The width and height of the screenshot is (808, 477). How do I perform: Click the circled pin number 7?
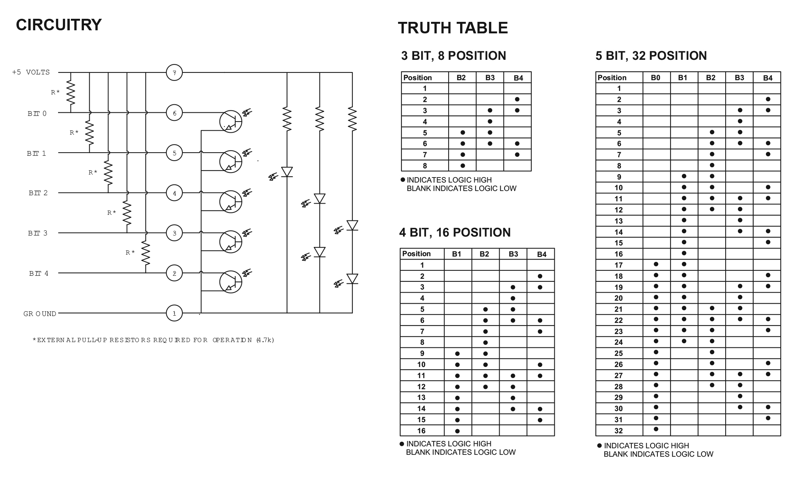174,72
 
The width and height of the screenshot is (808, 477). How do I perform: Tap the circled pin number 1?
174,313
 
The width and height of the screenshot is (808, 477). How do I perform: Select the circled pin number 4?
174,193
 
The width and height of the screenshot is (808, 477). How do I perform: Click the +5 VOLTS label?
31,72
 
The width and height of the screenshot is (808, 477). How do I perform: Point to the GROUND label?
40,314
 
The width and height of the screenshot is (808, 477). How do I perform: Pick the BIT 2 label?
38,193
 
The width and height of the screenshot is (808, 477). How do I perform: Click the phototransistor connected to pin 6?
231,122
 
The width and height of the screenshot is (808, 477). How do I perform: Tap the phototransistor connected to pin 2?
231,282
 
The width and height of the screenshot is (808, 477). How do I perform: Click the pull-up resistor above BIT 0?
70,93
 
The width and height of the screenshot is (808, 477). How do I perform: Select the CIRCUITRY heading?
59,25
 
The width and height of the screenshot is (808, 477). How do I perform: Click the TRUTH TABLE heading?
453,28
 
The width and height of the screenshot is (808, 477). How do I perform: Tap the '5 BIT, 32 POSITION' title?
651,56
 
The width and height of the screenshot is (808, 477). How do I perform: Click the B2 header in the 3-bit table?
461,78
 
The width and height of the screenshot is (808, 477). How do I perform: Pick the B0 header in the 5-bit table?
656,78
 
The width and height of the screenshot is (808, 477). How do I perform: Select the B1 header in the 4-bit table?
456,254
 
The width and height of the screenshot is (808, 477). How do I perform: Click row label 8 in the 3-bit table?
424,166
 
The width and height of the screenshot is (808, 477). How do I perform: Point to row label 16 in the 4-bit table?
421,431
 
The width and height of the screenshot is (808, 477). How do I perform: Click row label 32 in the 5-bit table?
618,431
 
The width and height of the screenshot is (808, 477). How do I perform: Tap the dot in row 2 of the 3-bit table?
517,99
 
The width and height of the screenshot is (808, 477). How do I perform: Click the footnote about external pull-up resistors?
154,340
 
